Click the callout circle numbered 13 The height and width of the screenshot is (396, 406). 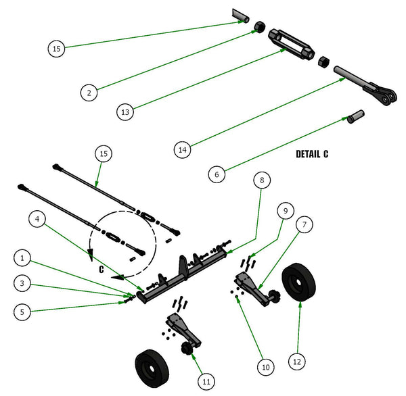coord(125,112)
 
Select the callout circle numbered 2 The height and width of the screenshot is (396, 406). coord(89,93)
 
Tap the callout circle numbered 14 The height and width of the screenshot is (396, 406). coord(182,149)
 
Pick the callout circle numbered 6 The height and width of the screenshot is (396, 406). coord(217,174)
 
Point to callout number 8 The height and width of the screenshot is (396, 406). coord(262,180)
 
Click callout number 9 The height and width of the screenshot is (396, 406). coord(286,211)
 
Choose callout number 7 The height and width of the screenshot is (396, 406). coord(304,224)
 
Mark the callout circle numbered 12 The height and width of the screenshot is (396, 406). coord(297,362)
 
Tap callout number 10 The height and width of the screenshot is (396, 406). coord(266,367)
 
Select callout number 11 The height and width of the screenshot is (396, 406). coord(206,382)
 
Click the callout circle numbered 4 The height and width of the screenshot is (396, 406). coord(37,219)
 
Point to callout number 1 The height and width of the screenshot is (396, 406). coord(22,258)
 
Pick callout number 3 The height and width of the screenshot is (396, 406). coord(22,283)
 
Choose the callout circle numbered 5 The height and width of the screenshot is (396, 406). coord(22,312)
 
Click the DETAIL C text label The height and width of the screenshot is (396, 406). coord(312,154)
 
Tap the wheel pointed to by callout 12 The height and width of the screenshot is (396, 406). coord(299,282)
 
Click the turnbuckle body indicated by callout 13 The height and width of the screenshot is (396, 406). coord(291,44)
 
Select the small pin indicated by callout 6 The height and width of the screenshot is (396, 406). coord(355,116)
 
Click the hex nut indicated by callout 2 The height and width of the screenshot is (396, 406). coord(259,27)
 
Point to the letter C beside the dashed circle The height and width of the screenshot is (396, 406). coord(101,270)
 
